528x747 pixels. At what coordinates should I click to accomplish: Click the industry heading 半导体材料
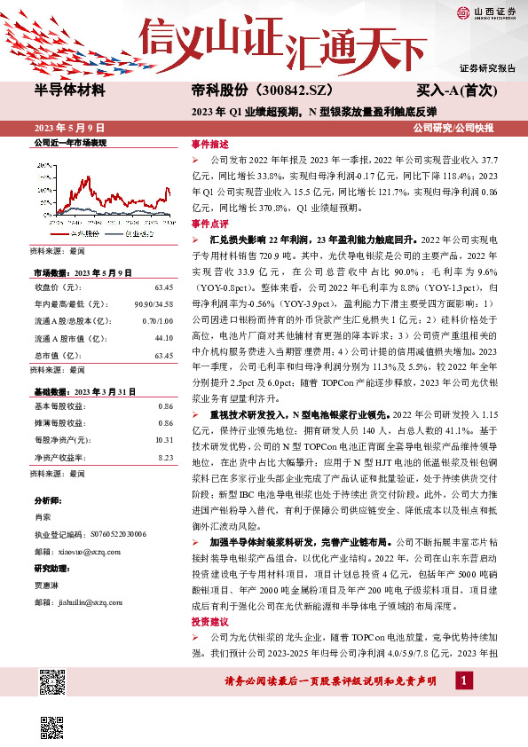coord(69,90)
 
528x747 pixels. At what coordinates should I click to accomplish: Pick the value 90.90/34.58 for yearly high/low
coord(154,304)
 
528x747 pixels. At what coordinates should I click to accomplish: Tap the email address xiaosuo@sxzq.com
coord(95,549)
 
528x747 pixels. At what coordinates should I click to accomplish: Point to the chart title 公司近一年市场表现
coord(69,142)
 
